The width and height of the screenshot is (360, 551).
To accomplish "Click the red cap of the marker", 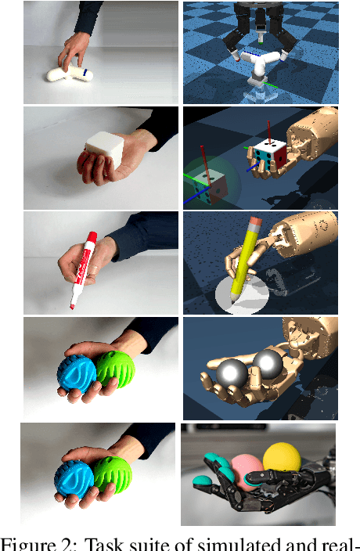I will (91, 239).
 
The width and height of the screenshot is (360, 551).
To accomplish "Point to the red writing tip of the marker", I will (72, 306).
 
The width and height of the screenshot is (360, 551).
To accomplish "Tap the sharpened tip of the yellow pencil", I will (234, 298).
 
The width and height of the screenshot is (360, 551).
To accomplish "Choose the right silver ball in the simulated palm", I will (269, 362).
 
